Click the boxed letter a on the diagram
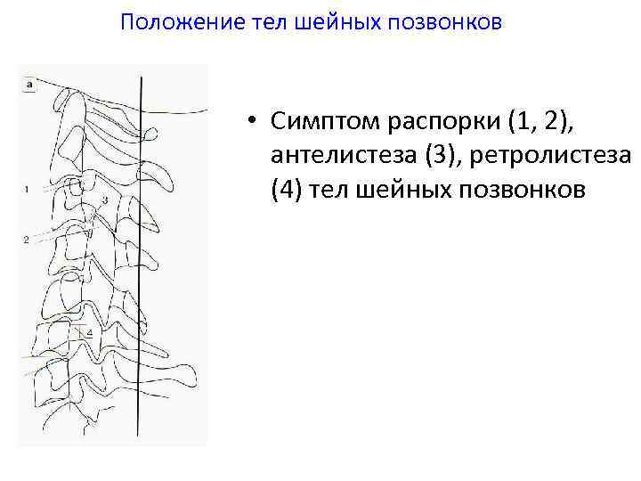pyautogui.click(x=29, y=84)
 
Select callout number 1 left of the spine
pyautogui.click(x=28, y=189)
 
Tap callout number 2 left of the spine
pyautogui.click(x=27, y=240)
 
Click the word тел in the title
pyautogui.click(x=271, y=21)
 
